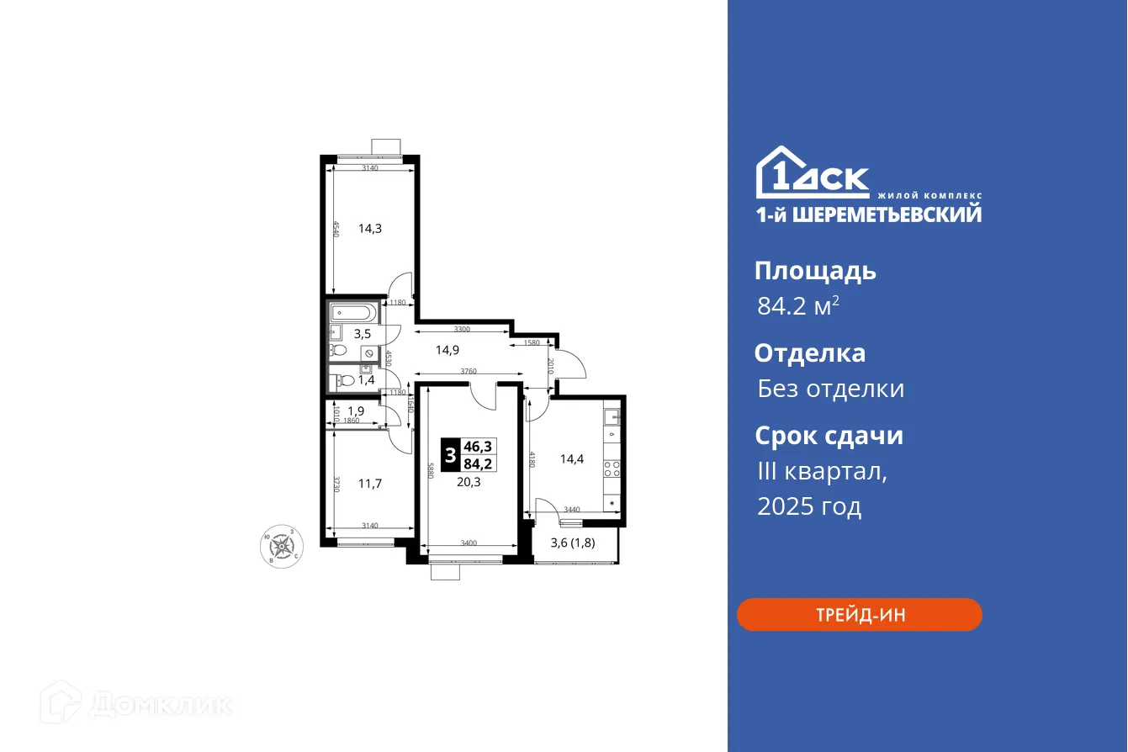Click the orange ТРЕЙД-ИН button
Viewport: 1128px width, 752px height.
(x=859, y=615)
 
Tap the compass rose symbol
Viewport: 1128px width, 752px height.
(x=281, y=547)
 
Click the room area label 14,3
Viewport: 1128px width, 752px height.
(x=370, y=227)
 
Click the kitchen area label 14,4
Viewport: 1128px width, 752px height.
(x=572, y=459)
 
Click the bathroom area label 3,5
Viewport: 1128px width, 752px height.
(x=363, y=333)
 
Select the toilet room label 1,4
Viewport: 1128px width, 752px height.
(x=366, y=380)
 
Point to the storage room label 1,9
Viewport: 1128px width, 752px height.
(x=356, y=412)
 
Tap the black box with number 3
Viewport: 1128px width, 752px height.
(x=451, y=455)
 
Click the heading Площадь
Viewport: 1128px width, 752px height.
(x=815, y=271)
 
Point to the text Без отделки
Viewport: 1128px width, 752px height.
(x=830, y=389)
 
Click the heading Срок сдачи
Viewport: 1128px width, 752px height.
(x=829, y=436)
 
